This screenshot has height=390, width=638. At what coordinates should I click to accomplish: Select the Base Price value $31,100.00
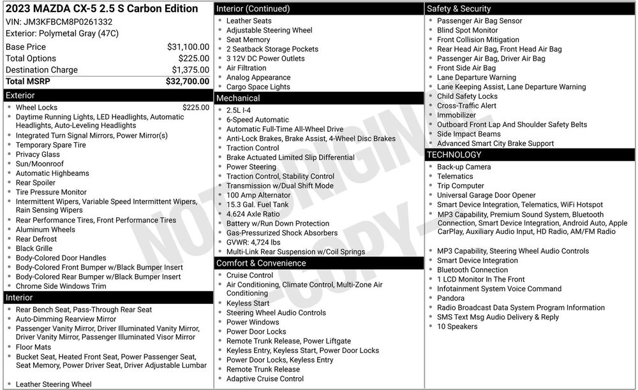coord(188,47)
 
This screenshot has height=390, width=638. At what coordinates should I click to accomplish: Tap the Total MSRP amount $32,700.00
coord(188,82)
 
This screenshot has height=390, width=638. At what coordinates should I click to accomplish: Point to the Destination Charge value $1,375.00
coord(190,70)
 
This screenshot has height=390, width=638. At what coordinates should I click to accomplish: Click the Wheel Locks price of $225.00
coord(195,108)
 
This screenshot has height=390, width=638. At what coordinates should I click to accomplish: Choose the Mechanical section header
coord(238,98)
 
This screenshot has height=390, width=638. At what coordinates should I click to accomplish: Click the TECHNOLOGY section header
coord(454,155)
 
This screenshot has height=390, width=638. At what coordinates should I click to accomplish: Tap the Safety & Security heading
coord(459,9)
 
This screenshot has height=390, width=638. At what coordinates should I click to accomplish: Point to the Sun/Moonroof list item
coord(40,164)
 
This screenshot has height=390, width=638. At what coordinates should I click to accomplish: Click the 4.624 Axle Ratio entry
coord(253,214)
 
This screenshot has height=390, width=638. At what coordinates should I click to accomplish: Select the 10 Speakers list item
coord(457,327)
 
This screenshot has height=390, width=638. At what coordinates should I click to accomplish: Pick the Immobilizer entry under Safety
coord(456,115)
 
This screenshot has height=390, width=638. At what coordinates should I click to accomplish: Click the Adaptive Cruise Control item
coord(265,379)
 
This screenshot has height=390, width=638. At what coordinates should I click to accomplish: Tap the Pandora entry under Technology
coord(451,298)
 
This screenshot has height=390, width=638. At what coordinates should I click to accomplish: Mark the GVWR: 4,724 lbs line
coord(253,243)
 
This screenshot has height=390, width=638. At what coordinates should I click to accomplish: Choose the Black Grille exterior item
coord(34,249)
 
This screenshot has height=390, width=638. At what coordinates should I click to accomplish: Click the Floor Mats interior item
coord(34,347)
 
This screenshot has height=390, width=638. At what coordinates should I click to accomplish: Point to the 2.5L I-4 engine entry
coord(239,110)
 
